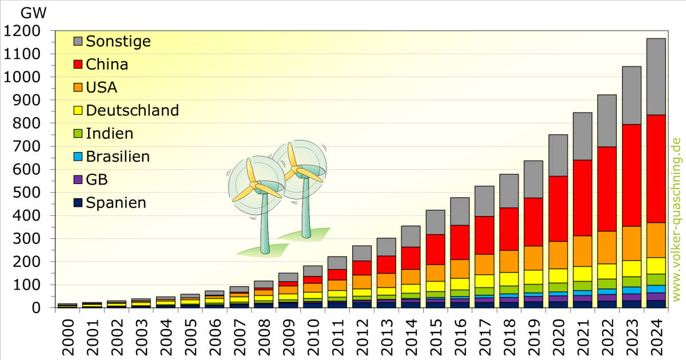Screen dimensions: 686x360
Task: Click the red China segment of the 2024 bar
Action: coord(656,169)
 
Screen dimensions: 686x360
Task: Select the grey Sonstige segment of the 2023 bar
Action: coord(632,95)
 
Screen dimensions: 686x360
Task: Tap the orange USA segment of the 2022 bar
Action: coord(607,247)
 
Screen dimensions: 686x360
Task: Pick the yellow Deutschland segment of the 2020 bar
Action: coord(558,276)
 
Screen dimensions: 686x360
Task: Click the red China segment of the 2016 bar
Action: coord(460,242)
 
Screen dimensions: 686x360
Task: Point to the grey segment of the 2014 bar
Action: coord(410,237)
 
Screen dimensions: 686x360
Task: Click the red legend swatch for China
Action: coord(78,64)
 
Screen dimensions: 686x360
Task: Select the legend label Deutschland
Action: coord(132,110)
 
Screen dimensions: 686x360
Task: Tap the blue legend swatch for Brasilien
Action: coord(78,157)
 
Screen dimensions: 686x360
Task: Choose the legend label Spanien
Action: coord(116,203)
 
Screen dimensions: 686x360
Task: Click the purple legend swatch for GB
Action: coord(78,179)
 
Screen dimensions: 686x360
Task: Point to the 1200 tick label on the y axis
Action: coord(22,31)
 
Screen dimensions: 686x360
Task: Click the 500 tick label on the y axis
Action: coord(27,193)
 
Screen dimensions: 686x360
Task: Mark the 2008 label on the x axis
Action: coord(264,337)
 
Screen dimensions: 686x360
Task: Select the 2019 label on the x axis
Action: coord(533,337)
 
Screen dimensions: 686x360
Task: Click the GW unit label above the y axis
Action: coord(33,13)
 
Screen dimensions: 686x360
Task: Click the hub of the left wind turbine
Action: coord(254,185)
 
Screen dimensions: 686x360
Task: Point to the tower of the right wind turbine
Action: coord(306,207)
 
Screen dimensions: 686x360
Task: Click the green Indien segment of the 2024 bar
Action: coord(656,280)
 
